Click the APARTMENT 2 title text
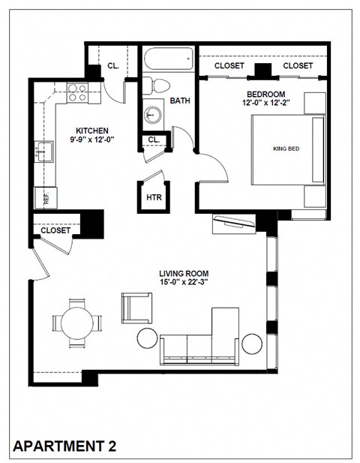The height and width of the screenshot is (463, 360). click(65, 446)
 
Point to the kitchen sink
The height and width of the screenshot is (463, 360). click(41, 153)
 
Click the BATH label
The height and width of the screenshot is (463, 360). click(180, 101)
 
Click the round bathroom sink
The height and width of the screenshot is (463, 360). click(154, 115)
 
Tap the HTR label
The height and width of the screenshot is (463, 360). click(154, 197)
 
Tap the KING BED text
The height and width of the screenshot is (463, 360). click(286, 149)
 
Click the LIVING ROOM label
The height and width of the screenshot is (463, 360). click(183, 273)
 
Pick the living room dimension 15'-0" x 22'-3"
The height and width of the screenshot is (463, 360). click(183, 283)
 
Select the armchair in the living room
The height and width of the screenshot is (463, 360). click(136, 307)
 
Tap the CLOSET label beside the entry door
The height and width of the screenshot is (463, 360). click(55, 230)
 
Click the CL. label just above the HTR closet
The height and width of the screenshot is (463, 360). click(153, 140)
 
